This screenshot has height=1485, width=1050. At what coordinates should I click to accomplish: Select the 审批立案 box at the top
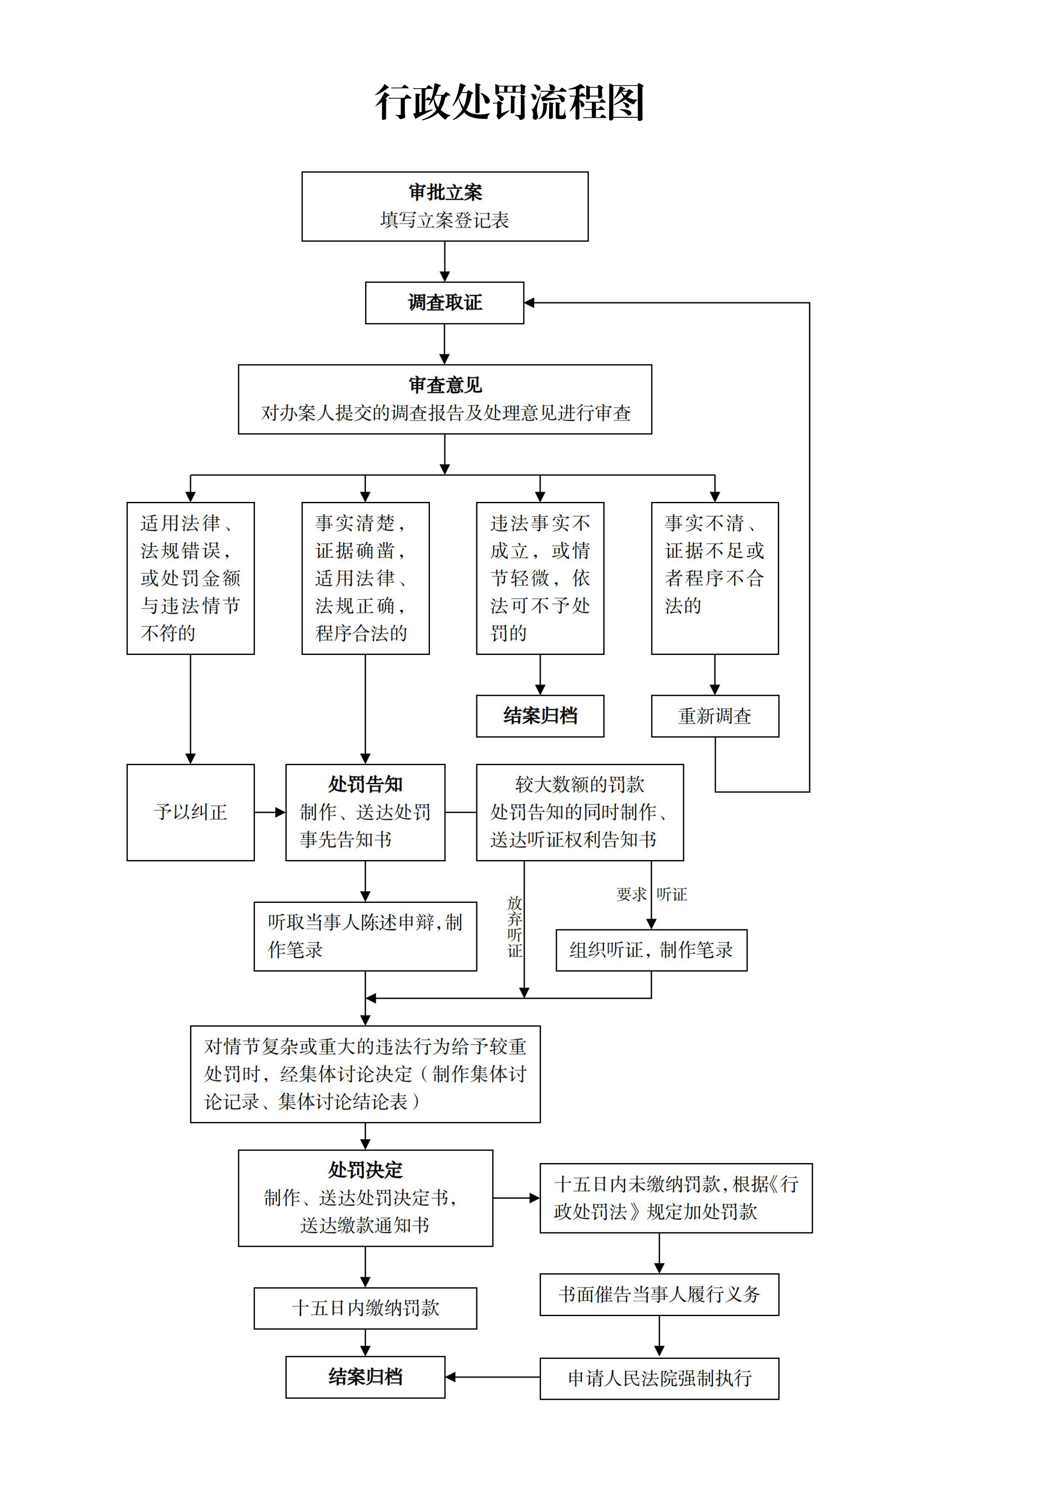(x=445, y=206)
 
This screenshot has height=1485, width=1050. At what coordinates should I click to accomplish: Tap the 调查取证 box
(x=445, y=303)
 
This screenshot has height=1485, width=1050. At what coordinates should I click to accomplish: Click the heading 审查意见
(x=445, y=385)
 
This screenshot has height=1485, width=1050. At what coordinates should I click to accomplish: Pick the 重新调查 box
(x=715, y=716)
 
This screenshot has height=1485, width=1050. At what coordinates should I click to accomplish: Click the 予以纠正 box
(x=191, y=812)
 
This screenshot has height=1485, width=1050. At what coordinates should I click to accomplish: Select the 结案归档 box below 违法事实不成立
(x=541, y=716)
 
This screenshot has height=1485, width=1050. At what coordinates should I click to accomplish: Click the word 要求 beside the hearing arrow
(x=631, y=894)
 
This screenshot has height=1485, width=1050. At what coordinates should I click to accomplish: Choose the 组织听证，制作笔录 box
(x=652, y=950)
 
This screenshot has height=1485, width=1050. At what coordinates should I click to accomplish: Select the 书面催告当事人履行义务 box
(x=659, y=1295)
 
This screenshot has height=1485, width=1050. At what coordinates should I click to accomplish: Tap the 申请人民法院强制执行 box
(x=659, y=1378)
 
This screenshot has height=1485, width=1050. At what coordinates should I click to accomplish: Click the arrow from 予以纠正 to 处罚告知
(x=270, y=812)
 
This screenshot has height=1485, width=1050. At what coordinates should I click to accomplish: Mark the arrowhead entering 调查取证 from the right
(x=529, y=303)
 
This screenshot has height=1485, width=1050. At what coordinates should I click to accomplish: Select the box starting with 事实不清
(x=715, y=578)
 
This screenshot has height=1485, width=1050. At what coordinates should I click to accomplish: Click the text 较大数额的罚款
(x=580, y=785)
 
